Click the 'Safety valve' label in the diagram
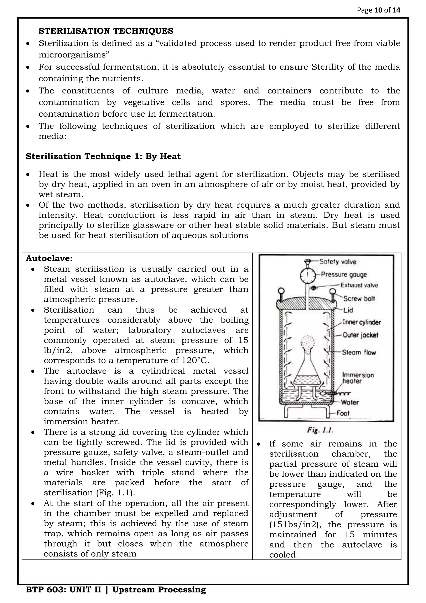[338, 262]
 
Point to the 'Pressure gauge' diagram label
[344, 274]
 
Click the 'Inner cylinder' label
[362, 322]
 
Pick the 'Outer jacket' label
[360, 335]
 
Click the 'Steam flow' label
[359, 353]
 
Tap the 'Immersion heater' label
[358, 378]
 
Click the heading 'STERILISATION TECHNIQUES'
[106, 31]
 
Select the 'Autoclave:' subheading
[49, 258]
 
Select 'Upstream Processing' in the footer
[159, 590]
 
